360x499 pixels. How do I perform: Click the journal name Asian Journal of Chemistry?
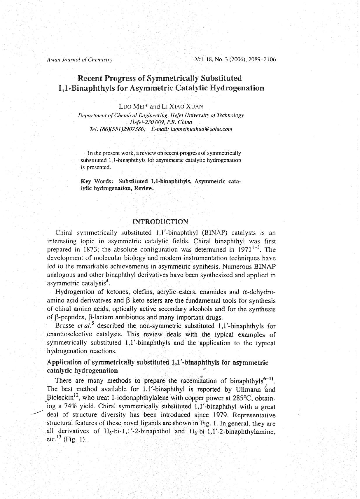(79, 60)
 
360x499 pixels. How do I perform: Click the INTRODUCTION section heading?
(160, 222)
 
